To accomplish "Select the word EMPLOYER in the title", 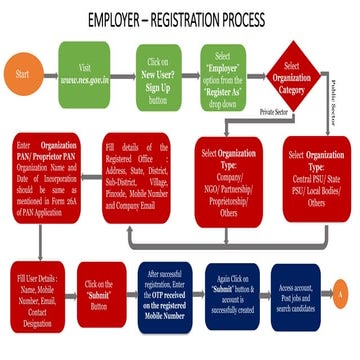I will pyautogui.click(x=117, y=19).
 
